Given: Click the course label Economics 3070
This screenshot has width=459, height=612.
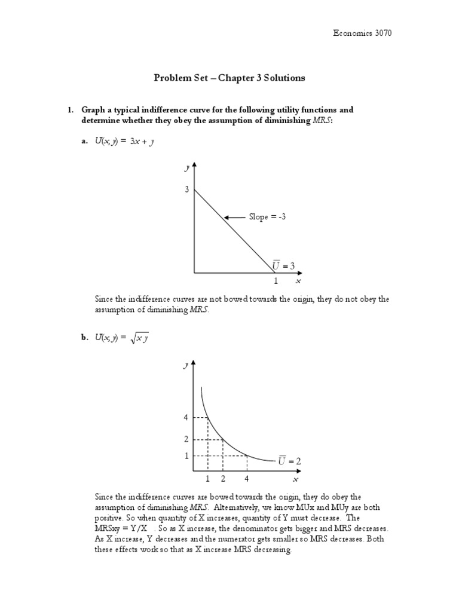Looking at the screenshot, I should (x=363, y=33).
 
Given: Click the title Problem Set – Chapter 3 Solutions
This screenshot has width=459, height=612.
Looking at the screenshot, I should (x=229, y=78).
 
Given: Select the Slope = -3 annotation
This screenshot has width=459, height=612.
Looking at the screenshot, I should (x=267, y=217).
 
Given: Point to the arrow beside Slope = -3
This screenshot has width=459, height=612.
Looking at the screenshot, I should (x=235, y=217).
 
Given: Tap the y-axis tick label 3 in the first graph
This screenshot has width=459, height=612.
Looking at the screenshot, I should (x=186, y=190).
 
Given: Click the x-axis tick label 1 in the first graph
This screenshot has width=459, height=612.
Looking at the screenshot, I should (x=276, y=281).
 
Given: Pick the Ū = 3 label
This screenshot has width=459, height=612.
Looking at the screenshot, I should (x=284, y=265).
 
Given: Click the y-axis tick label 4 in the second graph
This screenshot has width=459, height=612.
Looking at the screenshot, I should (x=186, y=417).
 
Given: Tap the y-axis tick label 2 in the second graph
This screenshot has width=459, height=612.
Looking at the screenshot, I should (x=186, y=439).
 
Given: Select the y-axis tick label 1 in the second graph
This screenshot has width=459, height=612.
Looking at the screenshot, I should (x=186, y=456).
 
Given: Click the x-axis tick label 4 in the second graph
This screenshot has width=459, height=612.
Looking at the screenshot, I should (x=246, y=479).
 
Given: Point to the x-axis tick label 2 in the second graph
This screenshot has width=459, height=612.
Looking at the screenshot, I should (x=223, y=479).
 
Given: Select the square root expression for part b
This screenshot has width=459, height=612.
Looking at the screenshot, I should (x=140, y=339).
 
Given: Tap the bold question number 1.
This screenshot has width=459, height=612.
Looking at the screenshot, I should (x=69, y=110).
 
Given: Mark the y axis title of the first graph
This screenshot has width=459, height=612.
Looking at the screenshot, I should (x=186, y=169).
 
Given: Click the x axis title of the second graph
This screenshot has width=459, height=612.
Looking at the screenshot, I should (x=295, y=479).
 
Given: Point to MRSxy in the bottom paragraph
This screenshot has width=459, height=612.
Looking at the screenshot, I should (x=108, y=529).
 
